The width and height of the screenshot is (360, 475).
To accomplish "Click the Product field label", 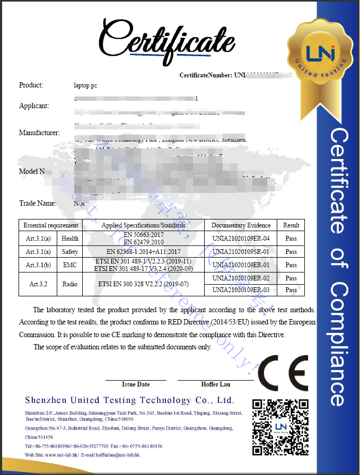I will point(31,85).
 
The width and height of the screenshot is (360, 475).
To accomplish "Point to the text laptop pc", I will point(85,85).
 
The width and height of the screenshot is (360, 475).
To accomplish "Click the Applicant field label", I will point(34,105).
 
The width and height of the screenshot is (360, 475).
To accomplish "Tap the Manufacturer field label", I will point(39,133).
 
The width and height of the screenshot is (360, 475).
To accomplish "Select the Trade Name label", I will point(38,203).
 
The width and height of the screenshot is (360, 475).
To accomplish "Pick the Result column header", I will point(291,225).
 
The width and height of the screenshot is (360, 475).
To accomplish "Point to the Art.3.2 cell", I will point(39,284).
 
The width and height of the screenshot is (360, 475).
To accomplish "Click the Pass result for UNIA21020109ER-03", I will point(291,290).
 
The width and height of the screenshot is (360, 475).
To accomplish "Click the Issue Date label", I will point(136,384).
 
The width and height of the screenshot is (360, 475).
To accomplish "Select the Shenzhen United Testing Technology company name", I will point(129,400).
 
